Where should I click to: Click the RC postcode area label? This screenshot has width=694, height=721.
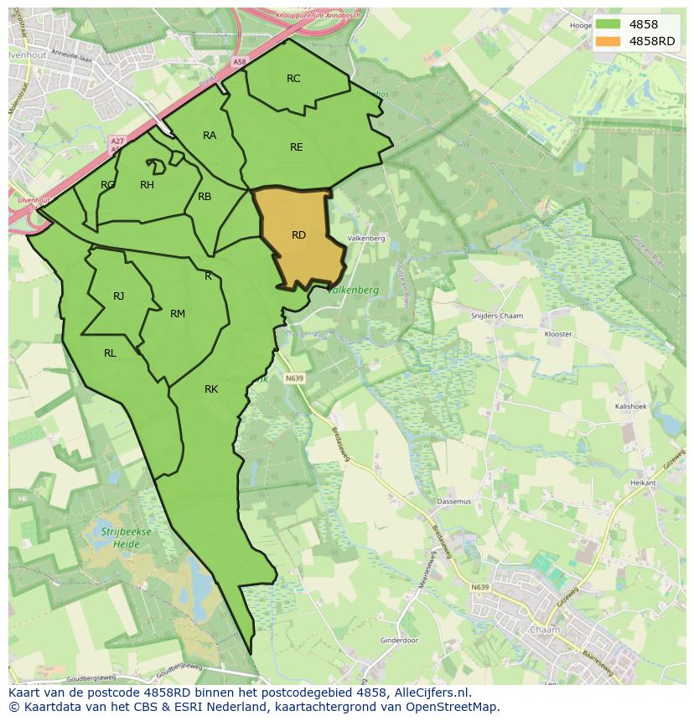point(293,79)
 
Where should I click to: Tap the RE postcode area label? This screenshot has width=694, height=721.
point(296,147)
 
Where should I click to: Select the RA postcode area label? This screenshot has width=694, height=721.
point(210,136)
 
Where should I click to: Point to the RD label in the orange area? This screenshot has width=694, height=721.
point(298,235)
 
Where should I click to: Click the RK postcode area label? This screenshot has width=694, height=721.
point(211,389)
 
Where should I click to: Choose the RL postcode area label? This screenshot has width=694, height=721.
point(110,353)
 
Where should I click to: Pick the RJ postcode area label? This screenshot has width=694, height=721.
point(119,296)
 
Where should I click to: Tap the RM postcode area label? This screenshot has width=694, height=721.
point(178,314)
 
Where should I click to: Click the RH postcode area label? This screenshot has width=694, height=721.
point(147,185)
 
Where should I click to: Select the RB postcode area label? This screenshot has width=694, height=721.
point(205,197)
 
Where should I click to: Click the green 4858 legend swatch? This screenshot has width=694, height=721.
point(609,25)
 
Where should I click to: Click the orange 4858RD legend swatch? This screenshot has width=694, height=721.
point(609,42)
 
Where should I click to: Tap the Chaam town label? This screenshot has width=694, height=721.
point(545,629)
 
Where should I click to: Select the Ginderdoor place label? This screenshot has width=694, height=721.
point(399,641)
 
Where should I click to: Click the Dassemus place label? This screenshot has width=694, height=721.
point(453,502)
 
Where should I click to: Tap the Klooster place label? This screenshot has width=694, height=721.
point(557,334)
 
